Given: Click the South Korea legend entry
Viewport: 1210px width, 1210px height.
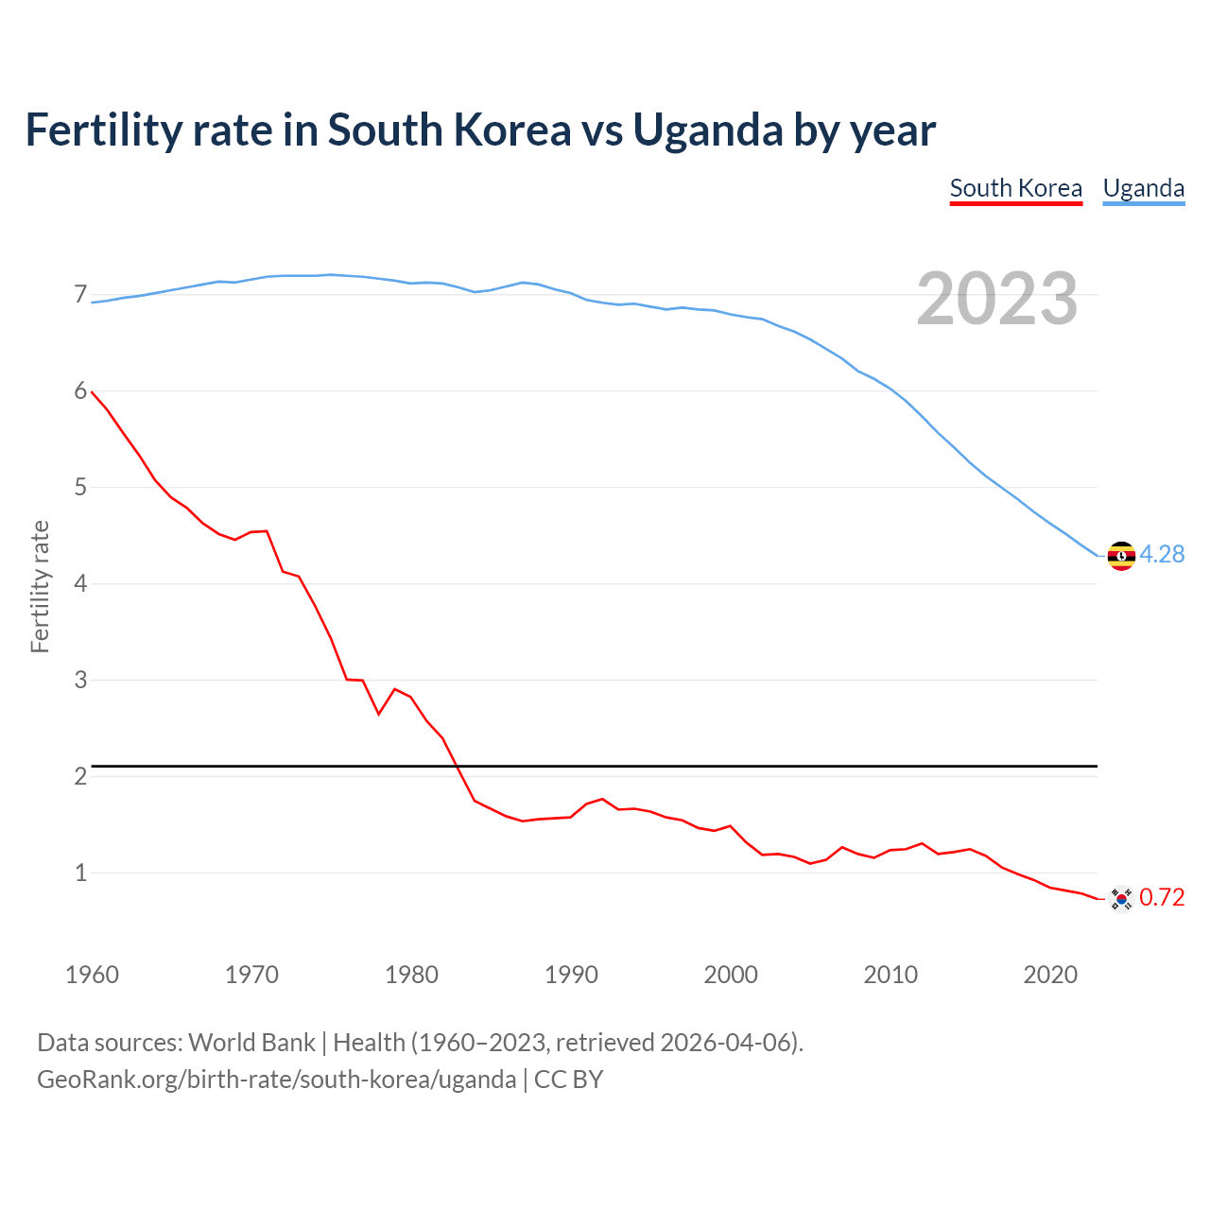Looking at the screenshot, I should pos(1015,188).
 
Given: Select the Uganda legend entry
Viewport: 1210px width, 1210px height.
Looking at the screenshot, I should pos(1143,188).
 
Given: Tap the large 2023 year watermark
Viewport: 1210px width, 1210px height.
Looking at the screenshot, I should pos(997,299).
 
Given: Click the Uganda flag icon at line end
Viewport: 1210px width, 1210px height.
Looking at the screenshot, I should pos(1120,555).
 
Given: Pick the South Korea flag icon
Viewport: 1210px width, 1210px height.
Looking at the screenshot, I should pos(1120,898).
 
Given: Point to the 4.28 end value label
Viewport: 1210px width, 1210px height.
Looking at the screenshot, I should pos(1162,555).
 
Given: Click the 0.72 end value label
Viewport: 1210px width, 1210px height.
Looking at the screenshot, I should pos(1162,898).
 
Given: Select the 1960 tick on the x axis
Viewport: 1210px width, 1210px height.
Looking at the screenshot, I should pos(92,975).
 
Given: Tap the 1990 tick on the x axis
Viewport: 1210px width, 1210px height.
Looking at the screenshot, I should pos(571,975).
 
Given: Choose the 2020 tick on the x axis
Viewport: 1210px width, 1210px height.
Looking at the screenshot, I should pos(1050,975).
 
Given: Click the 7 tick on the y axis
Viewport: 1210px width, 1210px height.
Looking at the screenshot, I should pos(80,295).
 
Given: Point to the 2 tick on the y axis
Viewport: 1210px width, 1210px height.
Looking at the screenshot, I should pos(80,777).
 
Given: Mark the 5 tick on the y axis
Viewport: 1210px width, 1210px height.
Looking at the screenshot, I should pos(80,488).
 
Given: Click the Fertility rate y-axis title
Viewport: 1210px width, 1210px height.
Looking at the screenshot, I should pos(40,586).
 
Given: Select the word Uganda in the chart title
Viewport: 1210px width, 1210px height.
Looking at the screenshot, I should pos(708,130).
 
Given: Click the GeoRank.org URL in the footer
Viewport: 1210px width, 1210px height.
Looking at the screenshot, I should pos(276,1080).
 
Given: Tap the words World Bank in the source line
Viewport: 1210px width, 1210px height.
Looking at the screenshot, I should pos(251,1043).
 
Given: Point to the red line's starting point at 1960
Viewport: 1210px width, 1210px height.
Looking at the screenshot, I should pos(92,391).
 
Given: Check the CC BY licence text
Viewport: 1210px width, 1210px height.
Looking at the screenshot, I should pos(568,1080).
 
